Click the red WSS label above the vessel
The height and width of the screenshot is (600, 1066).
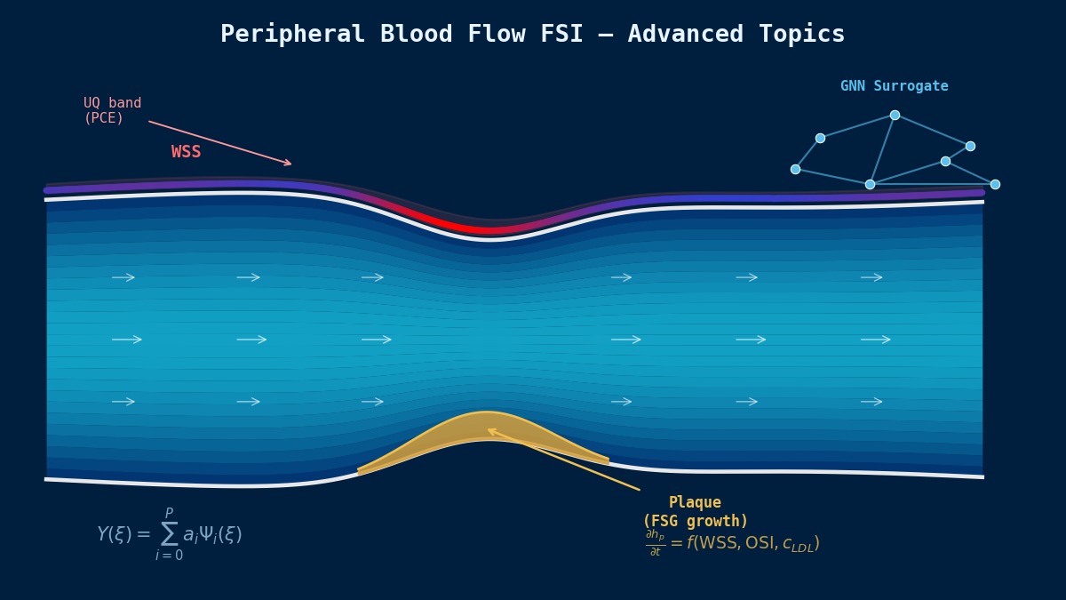tap(187, 152)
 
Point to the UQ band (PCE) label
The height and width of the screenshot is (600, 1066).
tap(112, 111)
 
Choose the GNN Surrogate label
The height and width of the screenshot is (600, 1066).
tap(894, 86)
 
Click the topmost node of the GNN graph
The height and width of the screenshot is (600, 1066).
tap(895, 115)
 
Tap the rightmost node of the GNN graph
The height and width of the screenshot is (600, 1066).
tap(995, 184)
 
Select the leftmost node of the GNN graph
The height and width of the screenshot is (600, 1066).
tap(795, 169)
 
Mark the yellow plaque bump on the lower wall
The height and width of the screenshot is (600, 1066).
tap(485, 432)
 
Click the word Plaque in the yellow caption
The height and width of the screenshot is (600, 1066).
tap(695, 503)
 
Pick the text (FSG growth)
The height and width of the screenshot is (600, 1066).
tap(696, 522)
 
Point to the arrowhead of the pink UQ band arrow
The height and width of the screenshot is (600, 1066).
tap(289, 164)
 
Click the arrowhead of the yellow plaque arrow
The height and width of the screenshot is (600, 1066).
tap(489, 430)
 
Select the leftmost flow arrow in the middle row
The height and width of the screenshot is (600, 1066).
tap(127, 340)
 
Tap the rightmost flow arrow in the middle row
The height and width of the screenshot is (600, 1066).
tap(876, 340)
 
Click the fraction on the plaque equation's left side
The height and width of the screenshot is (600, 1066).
tap(655, 543)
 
